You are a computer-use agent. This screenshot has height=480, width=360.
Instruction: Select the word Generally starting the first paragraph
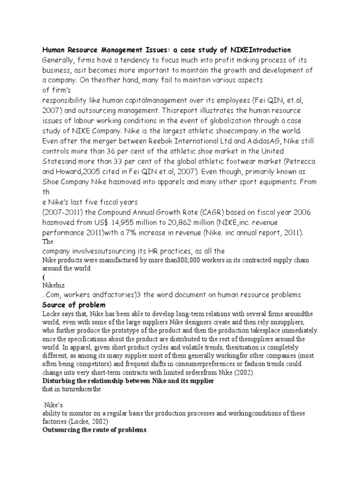[x=60, y=60]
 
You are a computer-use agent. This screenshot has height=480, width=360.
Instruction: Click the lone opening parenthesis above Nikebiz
[x=44, y=277]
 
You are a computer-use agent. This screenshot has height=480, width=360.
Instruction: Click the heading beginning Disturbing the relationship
[x=128, y=381]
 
